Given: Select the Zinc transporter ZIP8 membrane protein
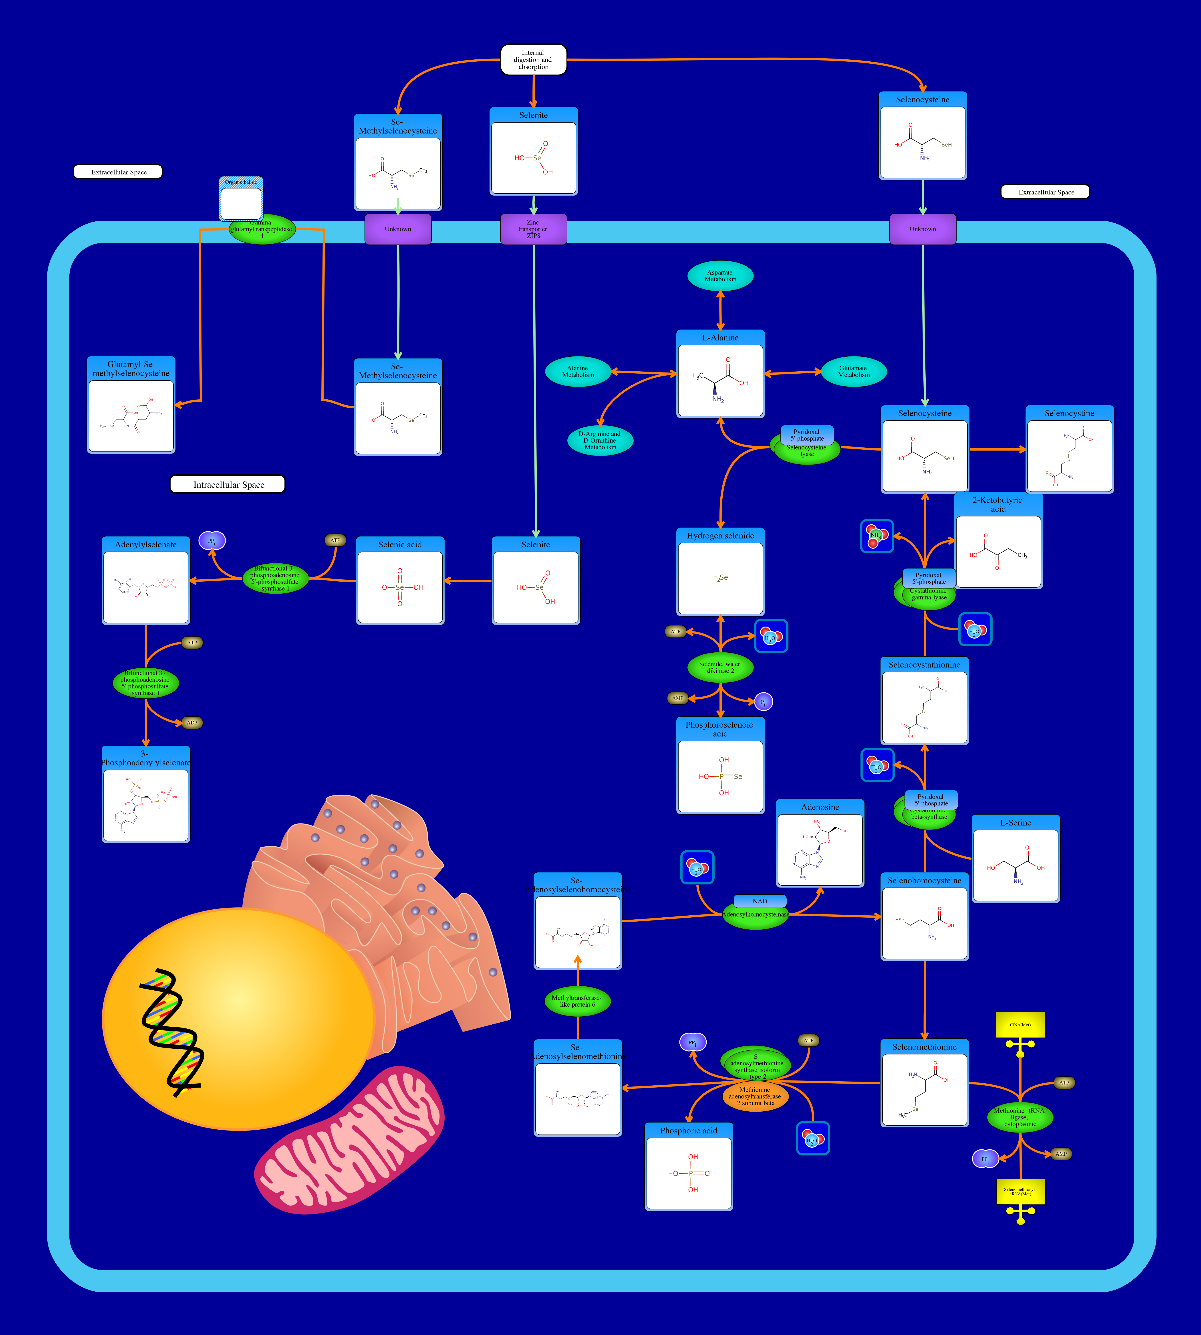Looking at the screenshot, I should (x=533, y=229).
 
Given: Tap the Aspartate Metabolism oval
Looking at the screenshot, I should (x=720, y=276).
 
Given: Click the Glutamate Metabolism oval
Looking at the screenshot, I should (x=853, y=372).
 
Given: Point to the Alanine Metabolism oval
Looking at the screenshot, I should (x=578, y=372).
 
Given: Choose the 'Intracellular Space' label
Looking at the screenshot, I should (x=228, y=485).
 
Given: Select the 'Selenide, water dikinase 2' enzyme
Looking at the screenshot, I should (x=720, y=667).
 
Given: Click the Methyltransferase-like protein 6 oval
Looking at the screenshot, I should (x=577, y=1001).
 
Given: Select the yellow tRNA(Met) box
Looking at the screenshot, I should (x=1020, y=1025).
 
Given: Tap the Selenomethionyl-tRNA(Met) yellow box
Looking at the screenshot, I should (x=1020, y=1192).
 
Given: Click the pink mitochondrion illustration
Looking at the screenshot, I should (x=350, y=1142).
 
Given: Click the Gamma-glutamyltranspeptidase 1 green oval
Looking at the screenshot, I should (x=262, y=229).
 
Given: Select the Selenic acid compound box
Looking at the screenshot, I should (x=400, y=581).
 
